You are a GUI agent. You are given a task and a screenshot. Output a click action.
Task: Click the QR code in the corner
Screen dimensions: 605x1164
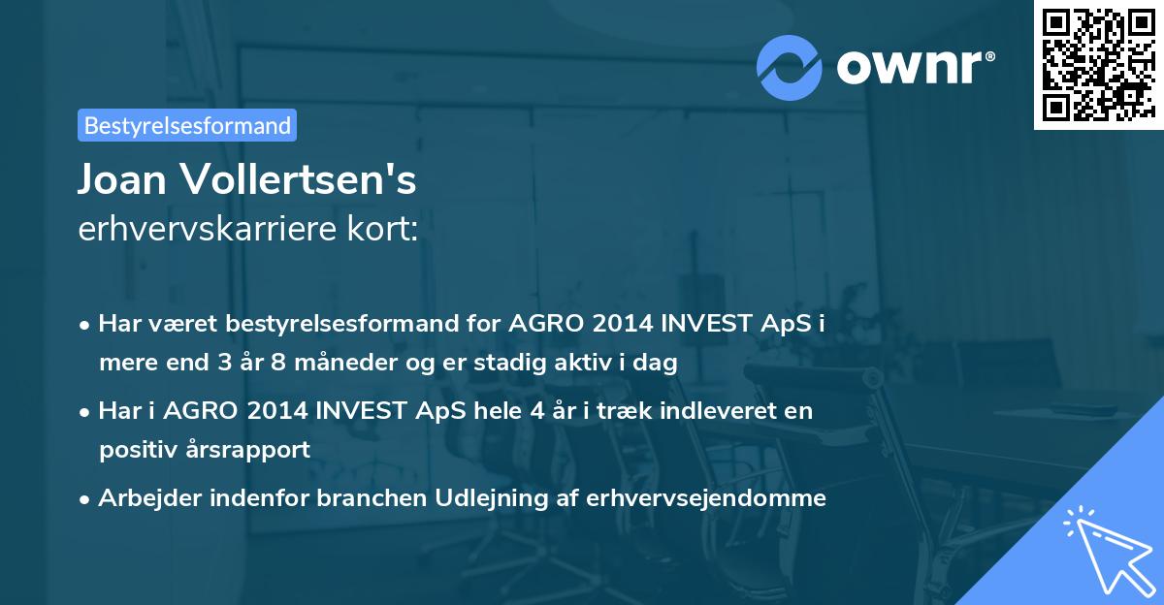(x=1098, y=64)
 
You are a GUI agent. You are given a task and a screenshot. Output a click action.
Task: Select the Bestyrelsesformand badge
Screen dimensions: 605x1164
(x=187, y=125)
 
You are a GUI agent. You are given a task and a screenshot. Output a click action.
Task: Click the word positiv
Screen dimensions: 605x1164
(x=136, y=449)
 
